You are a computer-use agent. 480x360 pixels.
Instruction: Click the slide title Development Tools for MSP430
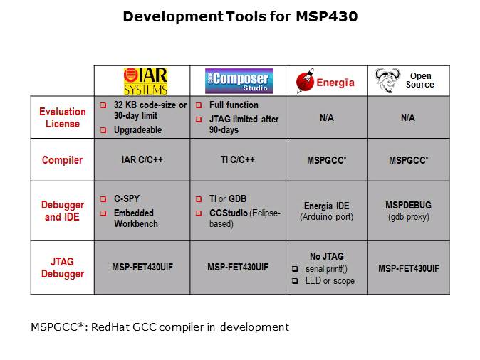coord(240,16)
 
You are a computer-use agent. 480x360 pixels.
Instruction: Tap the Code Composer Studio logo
coord(237,81)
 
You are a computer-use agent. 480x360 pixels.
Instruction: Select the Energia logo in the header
coord(326,81)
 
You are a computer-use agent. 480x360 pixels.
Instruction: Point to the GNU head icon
coord(387,80)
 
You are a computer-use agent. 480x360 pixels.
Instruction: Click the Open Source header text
coord(419,80)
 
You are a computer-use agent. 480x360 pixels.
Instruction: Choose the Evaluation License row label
coord(62,117)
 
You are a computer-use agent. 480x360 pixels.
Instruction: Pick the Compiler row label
coord(62,160)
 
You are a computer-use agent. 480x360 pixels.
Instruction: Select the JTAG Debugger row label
coord(62,268)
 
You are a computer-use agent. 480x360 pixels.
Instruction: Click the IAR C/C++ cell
coord(142,160)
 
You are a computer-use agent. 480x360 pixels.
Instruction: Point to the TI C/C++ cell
coord(237,160)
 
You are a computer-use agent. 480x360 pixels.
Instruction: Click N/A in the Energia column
coord(326,117)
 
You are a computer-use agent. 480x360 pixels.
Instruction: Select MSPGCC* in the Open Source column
coord(409,161)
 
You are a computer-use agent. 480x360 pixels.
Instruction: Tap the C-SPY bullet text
coord(127,199)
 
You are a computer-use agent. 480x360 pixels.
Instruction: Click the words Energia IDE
coord(326,206)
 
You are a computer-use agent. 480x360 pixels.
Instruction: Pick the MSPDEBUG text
coord(408,205)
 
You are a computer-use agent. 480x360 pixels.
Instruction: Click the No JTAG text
coord(327,256)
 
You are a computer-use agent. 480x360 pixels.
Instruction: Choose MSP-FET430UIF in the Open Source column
coord(408,268)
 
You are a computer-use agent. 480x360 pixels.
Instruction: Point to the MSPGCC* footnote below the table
coord(160,327)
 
